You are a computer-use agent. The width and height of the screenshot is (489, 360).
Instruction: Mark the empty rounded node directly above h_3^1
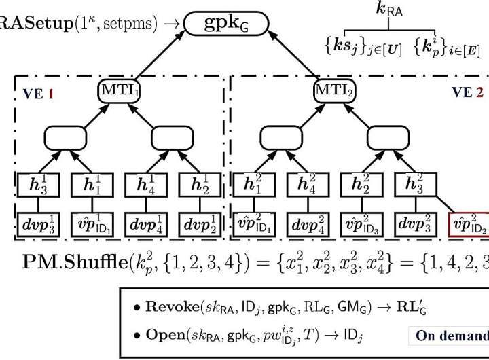pyautogui.click(x=65, y=139)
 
